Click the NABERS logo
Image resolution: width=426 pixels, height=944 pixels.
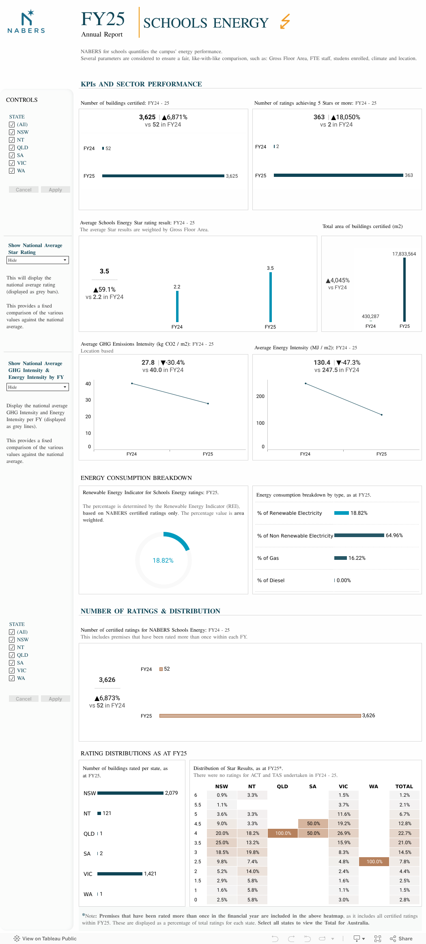(x=26, y=22)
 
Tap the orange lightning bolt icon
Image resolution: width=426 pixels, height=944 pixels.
(x=285, y=22)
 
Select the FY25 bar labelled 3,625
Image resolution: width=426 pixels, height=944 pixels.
(x=163, y=176)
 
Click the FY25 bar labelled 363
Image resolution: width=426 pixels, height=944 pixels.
(x=338, y=175)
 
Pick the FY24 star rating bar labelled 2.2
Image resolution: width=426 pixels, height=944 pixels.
(x=177, y=306)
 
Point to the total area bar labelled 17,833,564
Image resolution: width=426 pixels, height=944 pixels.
(x=404, y=290)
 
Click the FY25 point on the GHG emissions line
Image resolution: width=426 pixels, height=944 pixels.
(x=208, y=404)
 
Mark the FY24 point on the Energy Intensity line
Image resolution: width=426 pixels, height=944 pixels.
(x=306, y=383)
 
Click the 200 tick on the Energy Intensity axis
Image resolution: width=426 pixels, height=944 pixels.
(x=260, y=396)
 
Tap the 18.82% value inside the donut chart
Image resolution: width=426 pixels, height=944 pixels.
(x=163, y=561)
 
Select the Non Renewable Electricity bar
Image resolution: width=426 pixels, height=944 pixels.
(x=359, y=535)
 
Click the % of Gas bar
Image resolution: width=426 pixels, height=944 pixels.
(x=340, y=558)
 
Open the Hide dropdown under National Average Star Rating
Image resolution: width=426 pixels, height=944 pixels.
(x=38, y=260)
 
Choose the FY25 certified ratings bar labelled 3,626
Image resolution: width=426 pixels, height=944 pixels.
(x=260, y=716)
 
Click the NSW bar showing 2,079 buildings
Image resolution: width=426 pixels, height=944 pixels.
(x=130, y=793)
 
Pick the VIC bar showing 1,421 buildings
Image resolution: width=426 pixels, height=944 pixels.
(x=120, y=874)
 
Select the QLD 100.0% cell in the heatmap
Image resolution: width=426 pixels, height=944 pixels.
(x=283, y=833)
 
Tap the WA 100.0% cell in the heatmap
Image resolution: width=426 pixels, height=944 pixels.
(x=374, y=862)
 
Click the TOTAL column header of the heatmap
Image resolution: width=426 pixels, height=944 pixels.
(x=404, y=786)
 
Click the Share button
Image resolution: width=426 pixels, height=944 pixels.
(x=401, y=938)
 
